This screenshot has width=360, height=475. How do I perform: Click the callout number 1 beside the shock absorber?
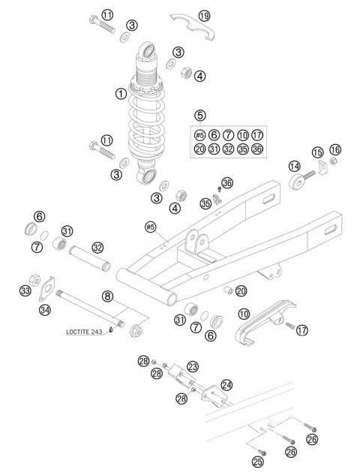120,95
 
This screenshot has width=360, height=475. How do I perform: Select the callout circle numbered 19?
205,16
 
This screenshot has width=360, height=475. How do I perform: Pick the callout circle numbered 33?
25,290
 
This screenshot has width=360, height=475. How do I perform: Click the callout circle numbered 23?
193,366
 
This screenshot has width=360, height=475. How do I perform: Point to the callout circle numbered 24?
226,384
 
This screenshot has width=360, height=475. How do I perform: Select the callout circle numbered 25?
258,461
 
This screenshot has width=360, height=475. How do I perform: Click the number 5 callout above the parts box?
199,115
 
